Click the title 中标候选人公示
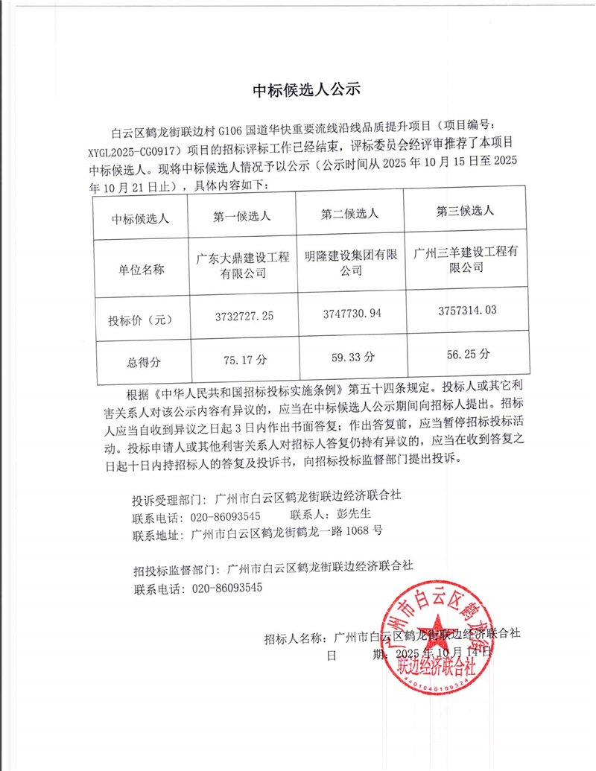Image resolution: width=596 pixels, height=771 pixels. pyautogui.click(x=306, y=91)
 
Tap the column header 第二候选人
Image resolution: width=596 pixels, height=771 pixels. pyautogui.click(x=350, y=214)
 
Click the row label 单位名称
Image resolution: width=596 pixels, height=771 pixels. pyautogui.click(x=142, y=270)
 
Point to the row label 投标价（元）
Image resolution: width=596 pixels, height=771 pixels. pyautogui.click(x=142, y=320)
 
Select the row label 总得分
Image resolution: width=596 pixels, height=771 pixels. pyautogui.click(x=142, y=362)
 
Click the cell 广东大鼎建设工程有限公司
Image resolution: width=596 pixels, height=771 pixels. pyautogui.click(x=242, y=266)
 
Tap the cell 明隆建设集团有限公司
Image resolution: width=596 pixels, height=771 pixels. pyautogui.click(x=350, y=262)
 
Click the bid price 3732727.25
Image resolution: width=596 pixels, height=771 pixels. pyautogui.click(x=242, y=316)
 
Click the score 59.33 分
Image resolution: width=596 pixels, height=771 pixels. pyautogui.click(x=350, y=357)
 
